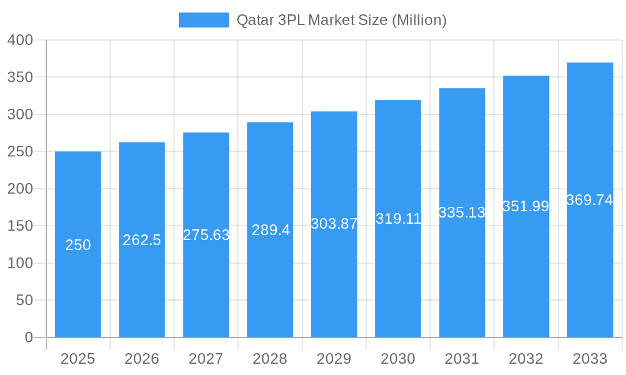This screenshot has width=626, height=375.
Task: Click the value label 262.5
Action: click(x=142, y=240)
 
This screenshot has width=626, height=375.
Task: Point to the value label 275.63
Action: click(x=206, y=235)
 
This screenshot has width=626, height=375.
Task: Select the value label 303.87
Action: click(x=334, y=224)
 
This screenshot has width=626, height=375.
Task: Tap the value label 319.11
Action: click(x=398, y=219)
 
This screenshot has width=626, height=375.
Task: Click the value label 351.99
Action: click(x=526, y=206)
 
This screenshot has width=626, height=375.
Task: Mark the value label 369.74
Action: click(x=590, y=200)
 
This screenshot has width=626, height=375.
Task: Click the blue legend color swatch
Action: click(x=204, y=20)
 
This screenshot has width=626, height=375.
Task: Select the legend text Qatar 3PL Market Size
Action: click(x=341, y=20)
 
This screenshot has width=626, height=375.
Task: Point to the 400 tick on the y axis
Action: click(x=20, y=40)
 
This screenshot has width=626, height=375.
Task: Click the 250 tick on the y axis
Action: click(x=20, y=152)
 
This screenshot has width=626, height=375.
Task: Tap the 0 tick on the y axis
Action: click(x=29, y=337)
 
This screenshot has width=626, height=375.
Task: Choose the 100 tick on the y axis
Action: click(x=20, y=263)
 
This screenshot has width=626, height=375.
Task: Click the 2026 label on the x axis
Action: click(x=142, y=359)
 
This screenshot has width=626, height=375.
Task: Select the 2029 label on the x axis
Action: click(x=334, y=359)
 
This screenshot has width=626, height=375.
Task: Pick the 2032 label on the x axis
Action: click(x=526, y=359)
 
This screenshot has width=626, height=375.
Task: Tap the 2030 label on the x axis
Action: click(x=398, y=359)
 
